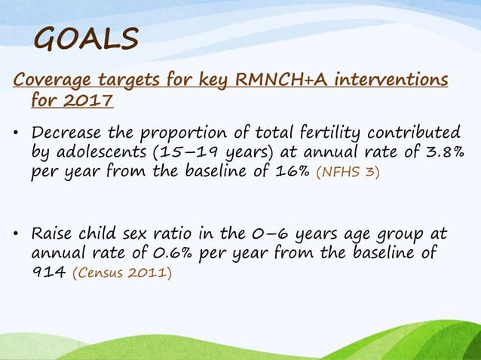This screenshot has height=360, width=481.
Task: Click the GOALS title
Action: [x=87, y=38]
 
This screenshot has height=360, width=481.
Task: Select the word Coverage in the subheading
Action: [x=49, y=80]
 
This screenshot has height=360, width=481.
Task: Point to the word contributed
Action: [x=403, y=133]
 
